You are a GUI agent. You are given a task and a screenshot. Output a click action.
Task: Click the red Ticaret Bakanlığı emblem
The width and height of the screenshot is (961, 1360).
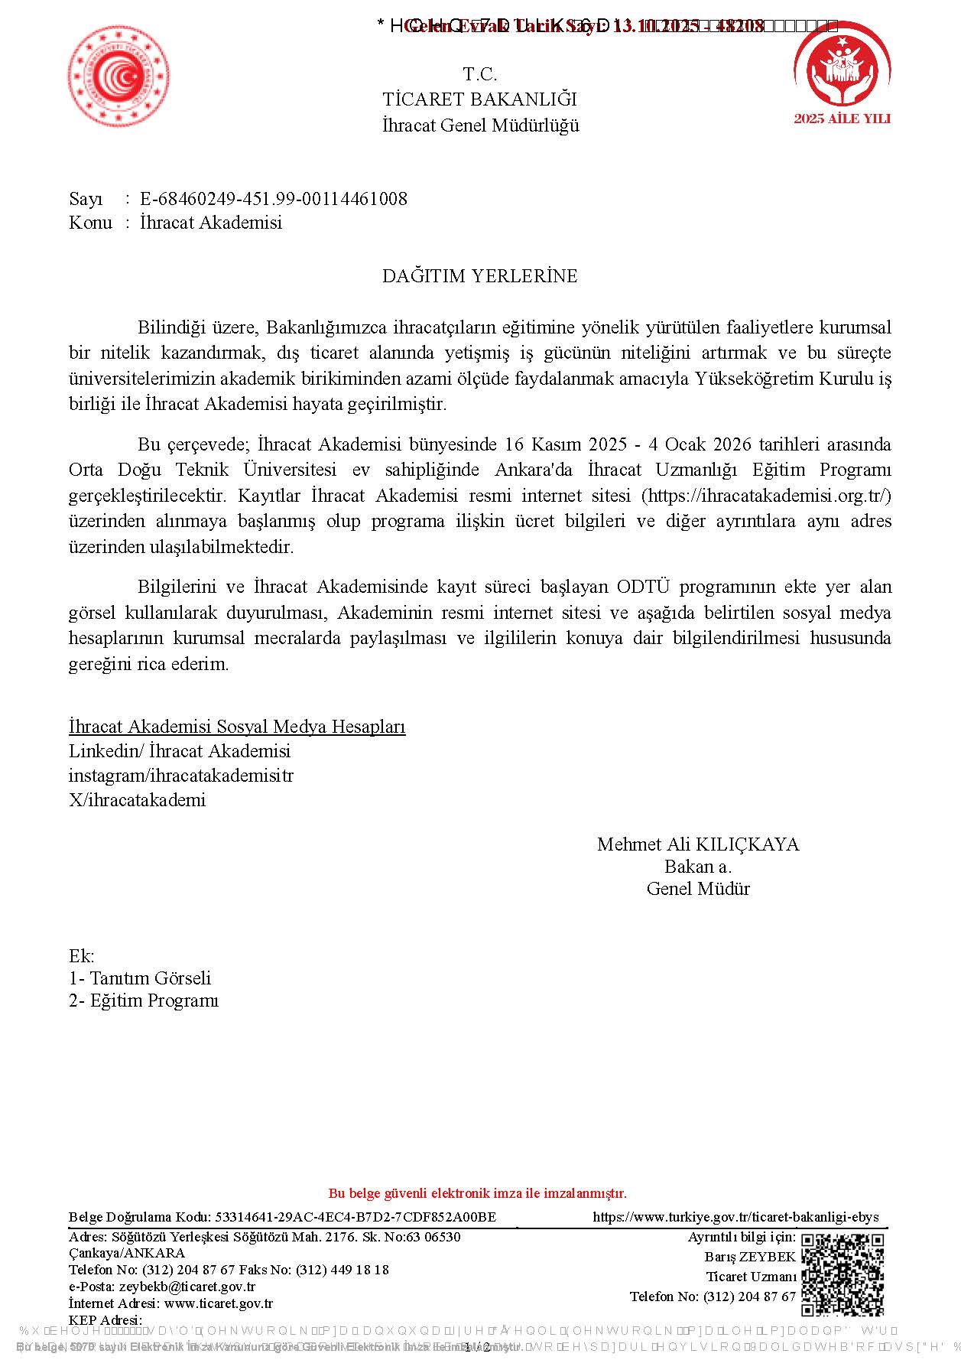coord(119,75)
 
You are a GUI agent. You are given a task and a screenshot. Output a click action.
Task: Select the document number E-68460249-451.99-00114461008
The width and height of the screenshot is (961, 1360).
coord(274,199)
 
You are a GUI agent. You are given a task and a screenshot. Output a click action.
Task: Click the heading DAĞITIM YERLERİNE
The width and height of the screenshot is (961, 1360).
coord(479,276)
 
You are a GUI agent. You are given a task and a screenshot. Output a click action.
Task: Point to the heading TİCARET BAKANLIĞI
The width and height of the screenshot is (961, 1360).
coord(479,99)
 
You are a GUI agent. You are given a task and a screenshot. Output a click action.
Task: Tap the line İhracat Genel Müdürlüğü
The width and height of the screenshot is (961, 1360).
coord(480,125)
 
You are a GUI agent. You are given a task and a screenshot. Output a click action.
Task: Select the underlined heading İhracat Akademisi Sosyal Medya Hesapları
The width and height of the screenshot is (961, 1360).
coord(237,726)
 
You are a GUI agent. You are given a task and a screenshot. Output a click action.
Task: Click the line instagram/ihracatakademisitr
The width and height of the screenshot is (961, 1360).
coord(181,775)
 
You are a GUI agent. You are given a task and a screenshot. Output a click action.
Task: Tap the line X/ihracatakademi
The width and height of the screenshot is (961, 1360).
coord(138,800)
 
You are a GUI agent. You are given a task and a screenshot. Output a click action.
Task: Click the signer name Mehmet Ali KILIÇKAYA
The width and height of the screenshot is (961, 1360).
coord(697,844)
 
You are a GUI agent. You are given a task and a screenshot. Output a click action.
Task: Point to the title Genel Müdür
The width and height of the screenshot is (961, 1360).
coord(697,889)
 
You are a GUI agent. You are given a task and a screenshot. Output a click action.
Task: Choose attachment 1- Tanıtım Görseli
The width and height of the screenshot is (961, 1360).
coord(140,978)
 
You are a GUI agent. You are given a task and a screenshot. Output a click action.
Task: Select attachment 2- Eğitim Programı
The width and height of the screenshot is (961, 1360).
coord(144,1000)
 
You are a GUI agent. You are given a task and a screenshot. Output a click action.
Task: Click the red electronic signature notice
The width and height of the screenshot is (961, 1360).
coord(477,1193)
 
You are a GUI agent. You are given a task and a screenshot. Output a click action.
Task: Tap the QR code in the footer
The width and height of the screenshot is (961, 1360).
coord(842,1274)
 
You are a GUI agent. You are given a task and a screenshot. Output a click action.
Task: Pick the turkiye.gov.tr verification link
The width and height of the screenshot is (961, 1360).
coord(735,1217)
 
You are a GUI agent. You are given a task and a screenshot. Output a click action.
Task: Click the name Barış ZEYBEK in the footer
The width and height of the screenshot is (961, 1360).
coord(750,1257)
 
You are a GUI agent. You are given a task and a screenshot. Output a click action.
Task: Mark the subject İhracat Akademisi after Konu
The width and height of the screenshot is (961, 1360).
coord(211,223)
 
